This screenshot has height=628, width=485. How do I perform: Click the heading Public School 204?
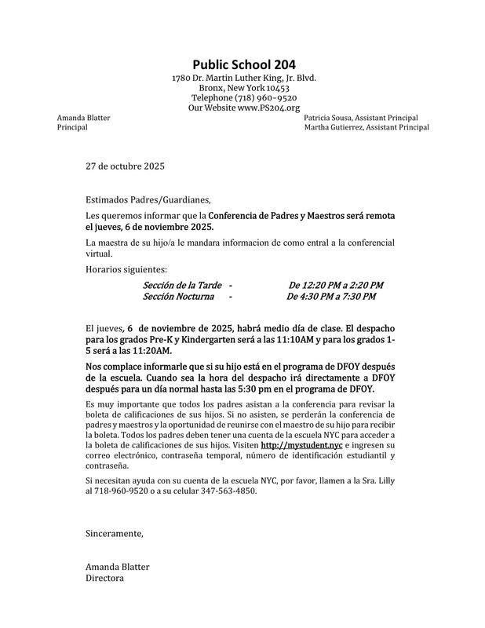[x=244, y=65]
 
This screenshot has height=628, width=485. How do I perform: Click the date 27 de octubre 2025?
[x=126, y=166]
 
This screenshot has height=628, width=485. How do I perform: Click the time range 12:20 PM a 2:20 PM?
[x=344, y=285]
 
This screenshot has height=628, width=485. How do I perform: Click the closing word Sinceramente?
[x=115, y=534]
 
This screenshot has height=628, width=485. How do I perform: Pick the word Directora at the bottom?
[x=105, y=579]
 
